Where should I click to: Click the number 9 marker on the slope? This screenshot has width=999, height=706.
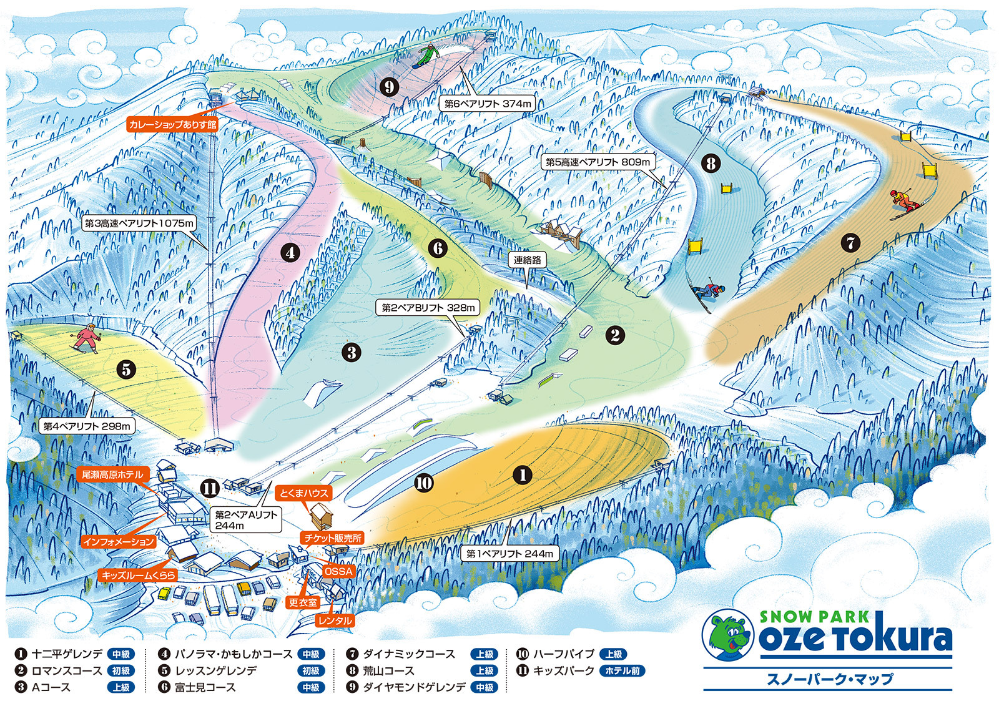[x=389, y=86]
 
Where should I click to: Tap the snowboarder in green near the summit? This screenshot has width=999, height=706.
[x=426, y=55]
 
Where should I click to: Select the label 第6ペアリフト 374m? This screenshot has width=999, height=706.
[x=488, y=104]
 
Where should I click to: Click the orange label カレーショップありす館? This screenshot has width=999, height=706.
[x=172, y=124]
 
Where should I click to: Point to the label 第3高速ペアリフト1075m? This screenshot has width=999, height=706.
[x=140, y=223]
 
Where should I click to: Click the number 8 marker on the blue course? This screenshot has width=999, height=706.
[x=711, y=164]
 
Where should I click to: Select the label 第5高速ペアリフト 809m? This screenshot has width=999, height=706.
[x=598, y=162]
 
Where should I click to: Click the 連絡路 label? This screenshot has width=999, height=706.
[x=528, y=260]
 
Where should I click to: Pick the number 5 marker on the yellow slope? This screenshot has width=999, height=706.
[x=126, y=369]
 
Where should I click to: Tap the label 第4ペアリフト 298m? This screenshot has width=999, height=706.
[x=87, y=426]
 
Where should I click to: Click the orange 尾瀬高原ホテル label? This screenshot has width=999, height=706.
[x=112, y=474]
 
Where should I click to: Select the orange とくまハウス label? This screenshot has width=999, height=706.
[x=303, y=493]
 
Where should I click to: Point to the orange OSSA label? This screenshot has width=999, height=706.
[x=339, y=571]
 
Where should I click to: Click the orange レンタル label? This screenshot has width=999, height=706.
[x=335, y=620]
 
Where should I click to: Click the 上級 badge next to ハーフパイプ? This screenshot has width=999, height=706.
[x=614, y=654]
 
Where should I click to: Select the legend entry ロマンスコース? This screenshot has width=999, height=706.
[x=67, y=670]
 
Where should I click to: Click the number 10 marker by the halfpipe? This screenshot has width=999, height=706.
[x=424, y=483]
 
